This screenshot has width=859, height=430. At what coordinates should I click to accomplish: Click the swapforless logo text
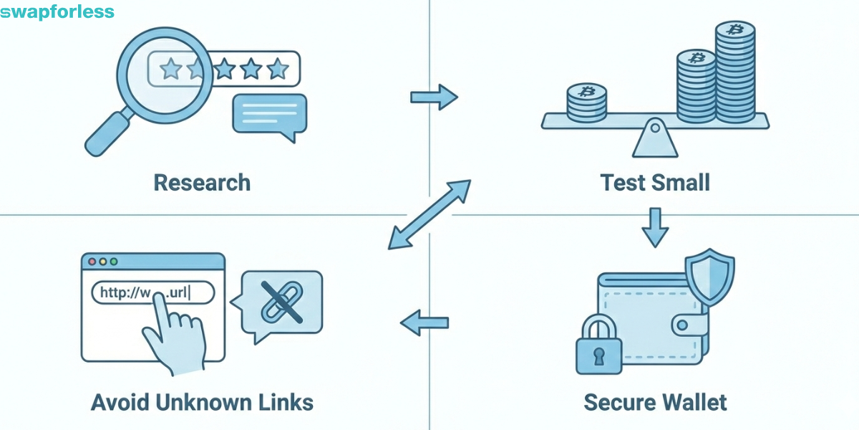(x=57, y=12)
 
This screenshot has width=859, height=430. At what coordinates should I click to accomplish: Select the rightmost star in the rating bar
(x=277, y=70)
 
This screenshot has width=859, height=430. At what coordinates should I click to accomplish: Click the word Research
(x=202, y=182)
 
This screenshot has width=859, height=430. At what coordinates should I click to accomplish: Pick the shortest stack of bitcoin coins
(x=586, y=102)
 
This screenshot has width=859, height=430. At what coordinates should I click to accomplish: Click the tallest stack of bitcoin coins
(x=734, y=72)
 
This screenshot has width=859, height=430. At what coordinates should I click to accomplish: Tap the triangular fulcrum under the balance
(x=654, y=140)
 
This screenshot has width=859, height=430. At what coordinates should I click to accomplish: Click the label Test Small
(x=655, y=182)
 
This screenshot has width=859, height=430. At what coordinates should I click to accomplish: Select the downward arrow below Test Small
(x=654, y=227)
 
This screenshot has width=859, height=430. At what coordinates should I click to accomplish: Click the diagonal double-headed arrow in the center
(x=429, y=214)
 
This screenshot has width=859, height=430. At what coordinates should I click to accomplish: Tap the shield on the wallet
(x=709, y=276)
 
